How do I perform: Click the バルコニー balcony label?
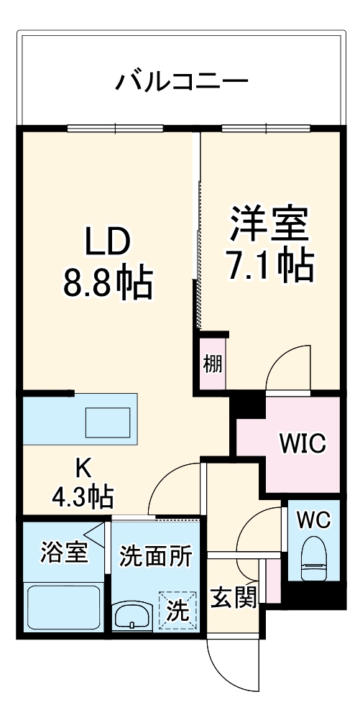pyautogui.click(x=182, y=80)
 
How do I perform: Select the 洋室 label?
pyautogui.click(x=269, y=225)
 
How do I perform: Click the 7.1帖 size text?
pyautogui.click(x=269, y=265)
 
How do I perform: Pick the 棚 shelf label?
pyautogui.click(x=212, y=364)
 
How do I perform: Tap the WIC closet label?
pyautogui.click(x=302, y=443)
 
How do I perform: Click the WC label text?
pyautogui.click(x=313, y=521)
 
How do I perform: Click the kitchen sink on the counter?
pyautogui.click(x=108, y=421)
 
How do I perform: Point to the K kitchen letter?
pyautogui.click(x=84, y=468)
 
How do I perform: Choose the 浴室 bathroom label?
pyautogui.click(x=64, y=555)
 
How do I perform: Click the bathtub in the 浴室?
pyautogui.click(x=63, y=607)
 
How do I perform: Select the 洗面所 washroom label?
pyautogui.click(x=156, y=555)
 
